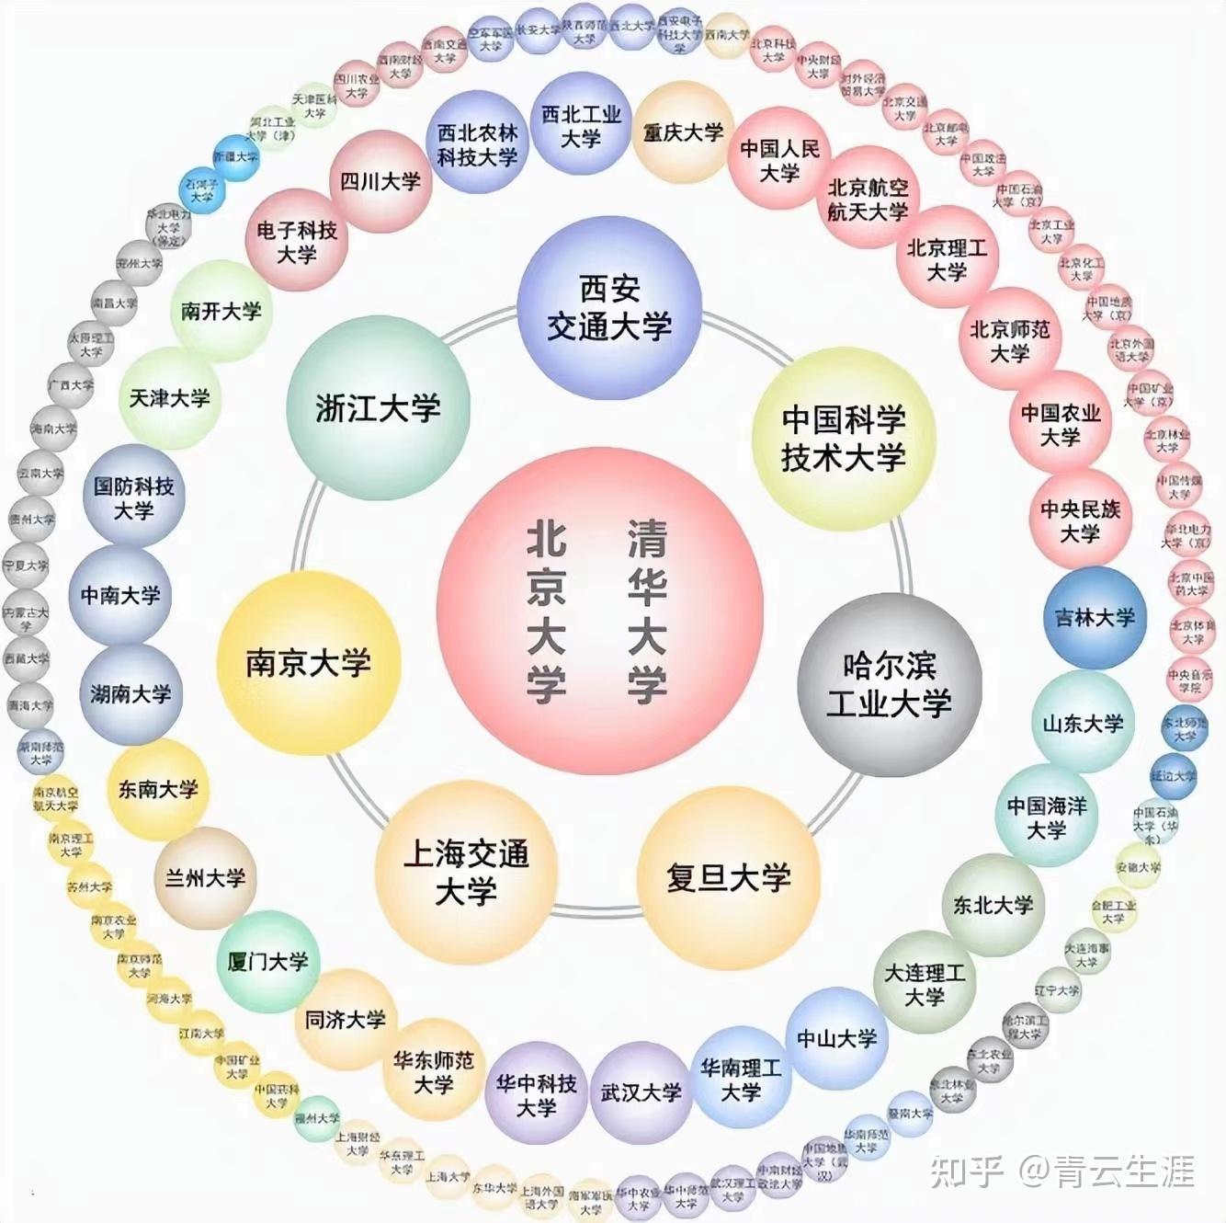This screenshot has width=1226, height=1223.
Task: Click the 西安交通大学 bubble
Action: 609,308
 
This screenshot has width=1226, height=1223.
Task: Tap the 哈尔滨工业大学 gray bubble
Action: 889,685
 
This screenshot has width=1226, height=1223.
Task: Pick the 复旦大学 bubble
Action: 728,878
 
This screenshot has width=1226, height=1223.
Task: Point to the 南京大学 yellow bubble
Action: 309,663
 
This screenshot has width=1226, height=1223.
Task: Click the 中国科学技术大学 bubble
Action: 844,439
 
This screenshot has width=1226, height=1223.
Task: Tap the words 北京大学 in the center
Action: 546,611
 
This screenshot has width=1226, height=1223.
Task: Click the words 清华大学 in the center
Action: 647,611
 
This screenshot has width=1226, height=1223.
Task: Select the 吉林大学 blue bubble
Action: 1095,618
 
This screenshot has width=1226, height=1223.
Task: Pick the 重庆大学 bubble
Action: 683,132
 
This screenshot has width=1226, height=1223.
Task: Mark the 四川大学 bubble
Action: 380,182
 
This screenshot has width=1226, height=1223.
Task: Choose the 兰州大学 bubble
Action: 205,878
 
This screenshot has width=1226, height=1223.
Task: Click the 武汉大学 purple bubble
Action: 641,1092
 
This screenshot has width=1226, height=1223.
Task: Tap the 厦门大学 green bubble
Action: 268,962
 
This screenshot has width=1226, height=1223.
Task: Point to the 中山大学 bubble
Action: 836,1039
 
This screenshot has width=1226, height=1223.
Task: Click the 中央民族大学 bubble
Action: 1080,521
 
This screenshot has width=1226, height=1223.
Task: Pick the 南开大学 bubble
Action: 221,312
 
